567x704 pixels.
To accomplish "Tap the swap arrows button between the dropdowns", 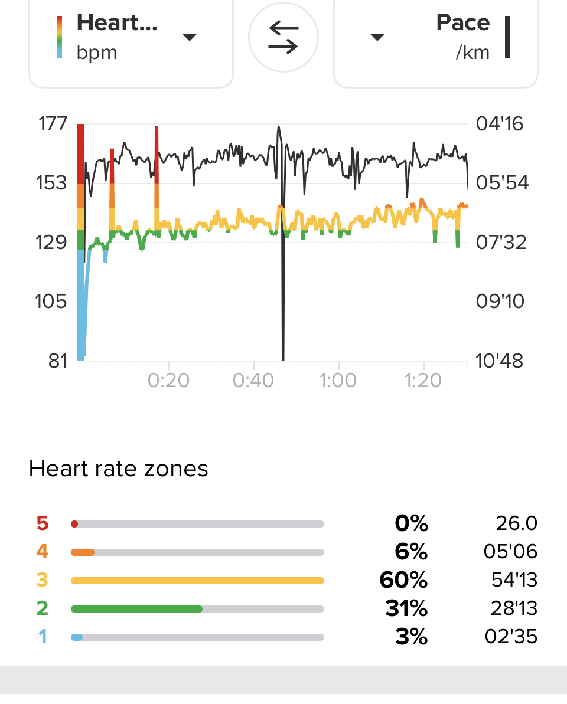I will click(x=283, y=37).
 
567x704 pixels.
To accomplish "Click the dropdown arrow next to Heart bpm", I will click(x=189, y=37).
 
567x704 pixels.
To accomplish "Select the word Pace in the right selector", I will click(x=463, y=22).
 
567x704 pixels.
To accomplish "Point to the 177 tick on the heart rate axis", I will click(x=53, y=125).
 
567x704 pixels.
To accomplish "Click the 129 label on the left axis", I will click(x=53, y=242).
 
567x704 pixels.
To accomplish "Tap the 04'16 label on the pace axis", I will click(x=499, y=125).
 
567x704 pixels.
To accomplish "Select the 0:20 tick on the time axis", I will click(x=169, y=381).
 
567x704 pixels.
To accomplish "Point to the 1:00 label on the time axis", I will click(x=338, y=381).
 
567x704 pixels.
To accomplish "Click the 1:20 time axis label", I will click(x=422, y=381).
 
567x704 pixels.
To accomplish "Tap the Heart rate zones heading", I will click(x=118, y=469).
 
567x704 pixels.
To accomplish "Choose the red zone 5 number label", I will click(x=42, y=523).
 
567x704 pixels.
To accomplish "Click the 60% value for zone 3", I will click(x=403, y=580).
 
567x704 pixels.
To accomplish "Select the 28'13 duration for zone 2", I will click(x=514, y=608).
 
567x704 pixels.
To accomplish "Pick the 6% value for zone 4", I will click(x=411, y=552).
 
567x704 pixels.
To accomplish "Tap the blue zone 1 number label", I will click(x=42, y=637).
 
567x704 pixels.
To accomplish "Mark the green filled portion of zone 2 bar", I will click(x=136, y=608).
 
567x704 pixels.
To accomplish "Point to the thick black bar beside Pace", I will click(x=507, y=37).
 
